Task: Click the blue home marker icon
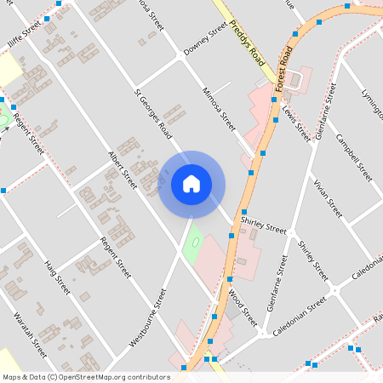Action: tap(191, 183)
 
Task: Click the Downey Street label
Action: tap(205, 40)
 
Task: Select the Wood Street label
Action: tap(243, 308)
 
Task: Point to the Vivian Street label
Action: tap(327, 198)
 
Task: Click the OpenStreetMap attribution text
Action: tap(85, 376)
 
